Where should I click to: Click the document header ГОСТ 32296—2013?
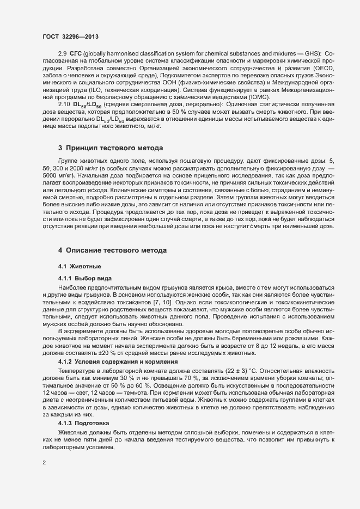coord(70,37)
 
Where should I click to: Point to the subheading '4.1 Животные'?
coord(79,266)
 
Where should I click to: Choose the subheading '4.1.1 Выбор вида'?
coord(84,278)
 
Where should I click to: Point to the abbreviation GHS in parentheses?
coord(310,68)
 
